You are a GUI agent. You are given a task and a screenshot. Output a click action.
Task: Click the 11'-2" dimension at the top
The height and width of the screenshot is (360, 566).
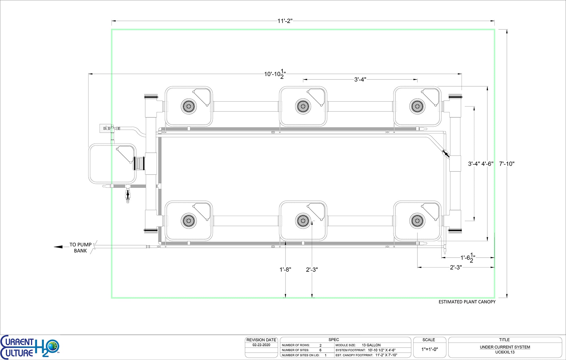pos(285,21)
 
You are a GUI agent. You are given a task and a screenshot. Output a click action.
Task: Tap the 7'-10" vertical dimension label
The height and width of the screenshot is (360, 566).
pos(507,164)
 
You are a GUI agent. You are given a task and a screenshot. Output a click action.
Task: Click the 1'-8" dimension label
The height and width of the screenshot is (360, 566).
pos(285,270)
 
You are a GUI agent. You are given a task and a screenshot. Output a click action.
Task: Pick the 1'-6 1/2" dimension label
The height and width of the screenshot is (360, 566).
pos(468,258)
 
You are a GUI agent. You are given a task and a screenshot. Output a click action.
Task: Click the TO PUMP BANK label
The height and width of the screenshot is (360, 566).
pos(81,248)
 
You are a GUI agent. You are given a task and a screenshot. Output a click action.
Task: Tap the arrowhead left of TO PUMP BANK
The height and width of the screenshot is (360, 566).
pos(58,247)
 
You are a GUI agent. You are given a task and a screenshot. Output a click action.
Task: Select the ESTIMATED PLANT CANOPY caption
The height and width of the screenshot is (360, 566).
pos(467,302)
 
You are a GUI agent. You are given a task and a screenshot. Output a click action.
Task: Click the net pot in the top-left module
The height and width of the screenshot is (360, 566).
pos(188,106)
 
